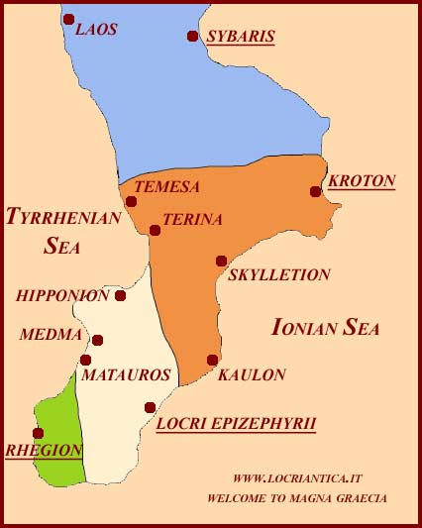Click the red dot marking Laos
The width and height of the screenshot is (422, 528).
pyautogui.click(x=68, y=19)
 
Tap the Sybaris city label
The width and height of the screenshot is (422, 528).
pyautogui.click(x=240, y=37)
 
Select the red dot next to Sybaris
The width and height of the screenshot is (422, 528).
pyautogui.click(x=192, y=36)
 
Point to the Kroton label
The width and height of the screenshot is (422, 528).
pyautogui.click(x=362, y=180)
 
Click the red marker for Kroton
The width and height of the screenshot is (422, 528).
pyautogui.click(x=315, y=191)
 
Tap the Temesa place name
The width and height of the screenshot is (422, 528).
pyautogui.click(x=166, y=186)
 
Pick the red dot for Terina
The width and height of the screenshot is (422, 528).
pyautogui.click(x=155, y=230)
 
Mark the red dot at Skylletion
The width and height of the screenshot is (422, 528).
pyautogui.click(x=221, y=261)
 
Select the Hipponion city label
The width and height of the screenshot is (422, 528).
pyautogui.click(x=63, y=295)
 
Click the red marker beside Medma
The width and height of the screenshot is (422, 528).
pyautogui.click(x=97, y=340)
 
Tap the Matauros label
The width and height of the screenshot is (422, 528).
pyautogui.click(x=126, y=375)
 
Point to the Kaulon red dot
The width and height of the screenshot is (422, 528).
pyautogui.click(x=212, y=360)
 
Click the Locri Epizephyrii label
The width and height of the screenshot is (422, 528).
pyautogui.click(x=237, y=423)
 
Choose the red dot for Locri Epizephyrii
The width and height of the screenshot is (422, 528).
pyautogui.click(x=150, y=407)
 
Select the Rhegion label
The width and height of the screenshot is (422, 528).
pyautogui.click(x=44, y=449)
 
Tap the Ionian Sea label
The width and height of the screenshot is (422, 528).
pyautogui.click(x=326, y=328)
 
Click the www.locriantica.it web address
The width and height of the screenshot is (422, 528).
pyautogui.click(x=297, y=478)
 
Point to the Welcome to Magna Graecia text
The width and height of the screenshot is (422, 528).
pyautogui.click(x=297, y=498)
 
